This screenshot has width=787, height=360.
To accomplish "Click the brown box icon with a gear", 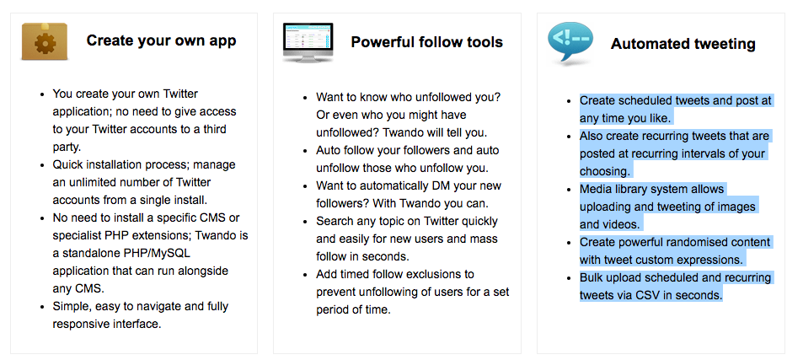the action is tap(44, 41).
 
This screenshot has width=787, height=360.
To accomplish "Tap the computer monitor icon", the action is tap(308, 42).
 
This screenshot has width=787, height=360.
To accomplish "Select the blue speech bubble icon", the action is tap(570, 43).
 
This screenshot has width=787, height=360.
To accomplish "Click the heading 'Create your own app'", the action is tap(161, 40).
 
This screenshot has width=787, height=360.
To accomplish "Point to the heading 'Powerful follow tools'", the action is tap(426, 41).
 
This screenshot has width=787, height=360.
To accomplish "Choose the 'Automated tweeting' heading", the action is tap(683, 44).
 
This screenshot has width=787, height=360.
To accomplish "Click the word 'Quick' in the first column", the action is tap(67, 164).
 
